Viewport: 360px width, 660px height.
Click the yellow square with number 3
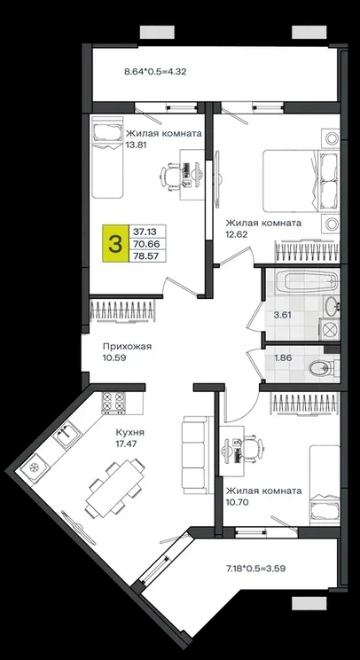click(115, 244)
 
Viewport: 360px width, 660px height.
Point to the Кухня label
click(128, 432)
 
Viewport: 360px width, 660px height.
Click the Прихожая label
click(128, 347)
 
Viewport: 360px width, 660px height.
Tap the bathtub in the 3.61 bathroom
click(308, 281)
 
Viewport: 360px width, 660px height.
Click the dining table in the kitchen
click(115, 488)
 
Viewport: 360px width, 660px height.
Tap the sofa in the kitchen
click(195, 455)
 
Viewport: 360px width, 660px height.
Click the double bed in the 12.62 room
click(301, 181)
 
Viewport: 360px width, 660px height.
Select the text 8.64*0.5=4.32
click(155, 72)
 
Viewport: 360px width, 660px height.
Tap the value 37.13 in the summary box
click(145, 231)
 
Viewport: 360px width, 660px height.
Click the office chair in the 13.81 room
click(172, 174)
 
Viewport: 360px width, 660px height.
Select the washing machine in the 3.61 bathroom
click(329, 329)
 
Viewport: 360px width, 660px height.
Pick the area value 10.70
click(238, 501)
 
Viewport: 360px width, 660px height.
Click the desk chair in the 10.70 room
click(252, 447)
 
